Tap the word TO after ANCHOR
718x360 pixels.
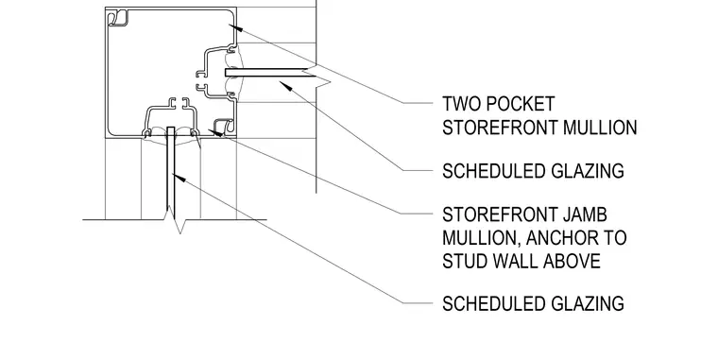[x=614, y=238]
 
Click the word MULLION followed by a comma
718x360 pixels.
[x=481, y=238]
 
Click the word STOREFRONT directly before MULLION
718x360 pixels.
[x=500, y=128]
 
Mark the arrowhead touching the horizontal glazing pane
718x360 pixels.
[x=285, y=86]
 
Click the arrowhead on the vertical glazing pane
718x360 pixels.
[x=179, y=178]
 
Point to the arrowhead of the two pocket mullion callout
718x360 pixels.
[x=235, y=27]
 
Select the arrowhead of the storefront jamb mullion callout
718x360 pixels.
[x=215, y=133]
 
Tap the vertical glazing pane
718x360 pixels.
[x=170, y=173]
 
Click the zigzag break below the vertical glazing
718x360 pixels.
[x=179, y=221]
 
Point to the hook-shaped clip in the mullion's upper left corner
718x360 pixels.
[x=118, y=18]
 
